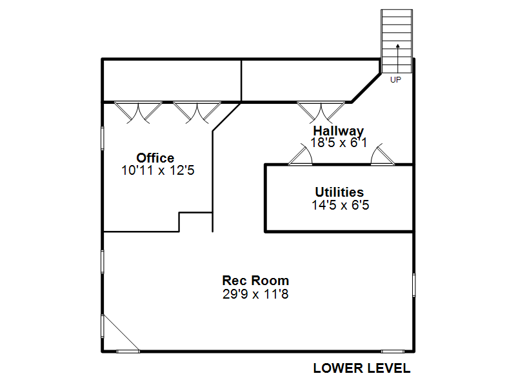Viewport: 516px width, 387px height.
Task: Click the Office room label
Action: click(x=155, y=158)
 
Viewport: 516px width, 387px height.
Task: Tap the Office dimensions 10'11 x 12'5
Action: click(x=158, y=170)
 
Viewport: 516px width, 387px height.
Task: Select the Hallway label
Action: click(x=338, y=131)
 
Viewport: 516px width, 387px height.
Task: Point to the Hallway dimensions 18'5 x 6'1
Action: click(x=339, y=143)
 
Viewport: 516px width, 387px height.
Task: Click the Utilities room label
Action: click(x=339, y=192)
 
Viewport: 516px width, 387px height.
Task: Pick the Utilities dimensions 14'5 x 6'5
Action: click(x=341, y=205)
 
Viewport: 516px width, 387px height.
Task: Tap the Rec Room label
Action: click(x=255, y=281)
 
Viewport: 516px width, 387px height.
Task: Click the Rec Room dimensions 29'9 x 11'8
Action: click(x=255, y=294)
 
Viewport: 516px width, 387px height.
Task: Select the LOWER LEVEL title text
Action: click(x=362, y=368)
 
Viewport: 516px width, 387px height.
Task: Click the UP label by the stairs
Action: click(x=395, y=80)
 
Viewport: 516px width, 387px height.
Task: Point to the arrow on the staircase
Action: click(x=398, y=58)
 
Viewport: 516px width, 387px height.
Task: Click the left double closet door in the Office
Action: click(x=138, y=112)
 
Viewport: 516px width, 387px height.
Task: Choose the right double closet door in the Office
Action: click(x=197, y=112)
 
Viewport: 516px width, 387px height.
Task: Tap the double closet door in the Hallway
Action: click(x=321, y=112)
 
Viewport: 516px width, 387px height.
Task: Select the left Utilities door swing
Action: click(x=301, y=155)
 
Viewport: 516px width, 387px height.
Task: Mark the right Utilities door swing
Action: click(x=382, y=155)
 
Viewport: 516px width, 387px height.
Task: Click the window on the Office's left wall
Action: click(x=103, y=139)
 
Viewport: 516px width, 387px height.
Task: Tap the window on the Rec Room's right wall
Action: click(x=414, y=285)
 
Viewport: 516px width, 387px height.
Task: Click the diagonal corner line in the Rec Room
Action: click(x=121, y=333)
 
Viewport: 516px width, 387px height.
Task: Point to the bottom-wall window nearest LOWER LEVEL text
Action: click(x=393, y=352)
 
